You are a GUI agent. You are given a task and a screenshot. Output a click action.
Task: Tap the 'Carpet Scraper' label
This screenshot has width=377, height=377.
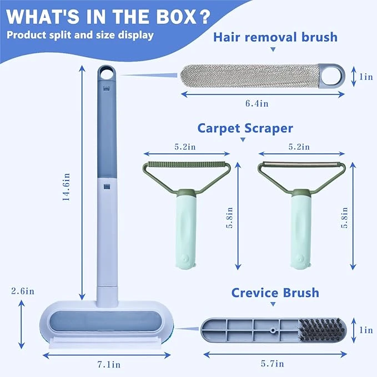click(253, 128)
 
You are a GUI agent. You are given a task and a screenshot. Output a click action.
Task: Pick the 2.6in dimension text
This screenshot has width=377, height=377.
click(23, 290)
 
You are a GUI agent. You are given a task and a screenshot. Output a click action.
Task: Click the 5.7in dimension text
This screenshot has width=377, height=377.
click(272, 364)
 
